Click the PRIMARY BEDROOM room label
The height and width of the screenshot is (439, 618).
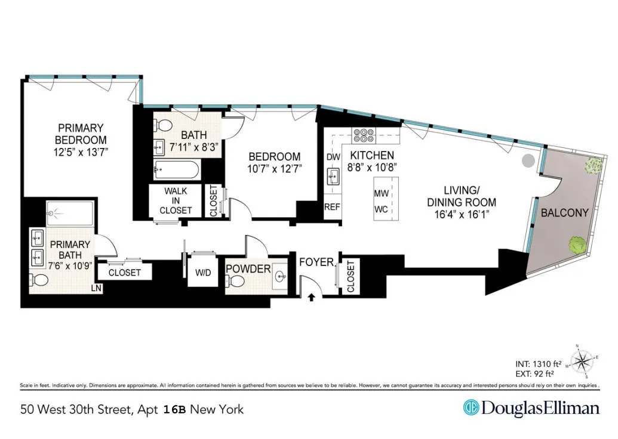tap(81, 134)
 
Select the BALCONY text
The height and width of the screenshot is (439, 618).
tap(564, 212)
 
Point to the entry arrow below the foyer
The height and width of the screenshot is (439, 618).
tap(311, 296)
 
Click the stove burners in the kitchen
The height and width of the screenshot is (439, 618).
tap(364, 135)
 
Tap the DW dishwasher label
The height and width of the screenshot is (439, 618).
tap(333, 157)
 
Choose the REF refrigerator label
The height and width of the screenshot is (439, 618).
tap(332, 207)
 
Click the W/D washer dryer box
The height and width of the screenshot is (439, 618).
tap(204, 274)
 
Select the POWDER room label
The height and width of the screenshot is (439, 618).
tap(248, 269)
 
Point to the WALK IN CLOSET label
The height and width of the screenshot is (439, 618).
tap(176, 200)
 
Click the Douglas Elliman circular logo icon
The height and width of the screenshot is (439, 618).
tap(471, 408)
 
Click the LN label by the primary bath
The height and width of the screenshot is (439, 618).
tap(96, 288)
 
